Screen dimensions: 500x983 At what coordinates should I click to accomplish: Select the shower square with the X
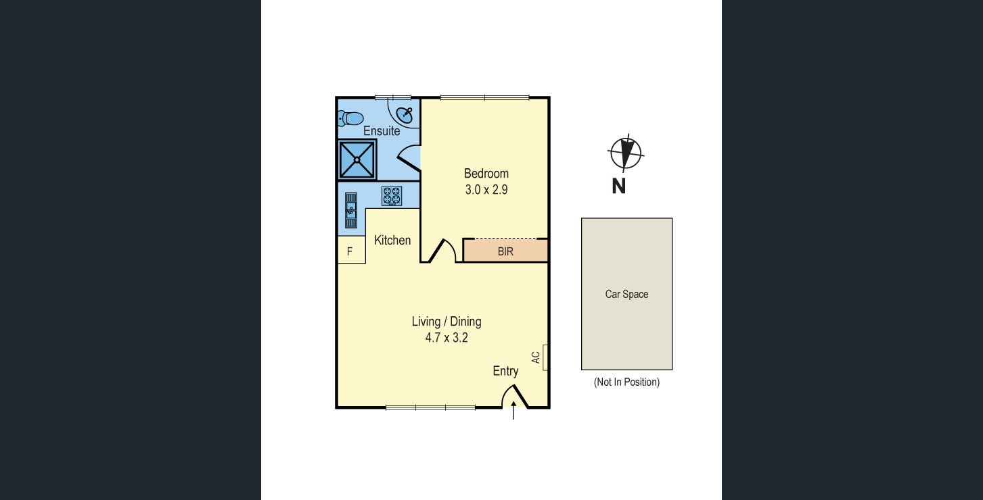pos(357,159)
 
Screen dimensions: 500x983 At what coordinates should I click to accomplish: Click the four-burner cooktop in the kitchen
pos(392,196)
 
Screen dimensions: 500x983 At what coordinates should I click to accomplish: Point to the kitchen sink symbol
pos(350,211)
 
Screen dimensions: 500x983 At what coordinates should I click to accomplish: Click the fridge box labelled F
pos(350,251)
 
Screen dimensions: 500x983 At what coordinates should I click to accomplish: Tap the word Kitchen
pos(392,240)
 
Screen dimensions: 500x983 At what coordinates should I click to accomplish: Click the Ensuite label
pos(382,131)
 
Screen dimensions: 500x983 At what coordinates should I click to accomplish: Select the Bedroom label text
pos(486,174)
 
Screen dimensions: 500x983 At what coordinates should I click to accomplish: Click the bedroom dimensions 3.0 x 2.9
pos(486,190)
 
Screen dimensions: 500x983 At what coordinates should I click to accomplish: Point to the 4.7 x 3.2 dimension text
pos(447,338)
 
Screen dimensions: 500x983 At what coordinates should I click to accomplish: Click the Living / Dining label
pos(447,322)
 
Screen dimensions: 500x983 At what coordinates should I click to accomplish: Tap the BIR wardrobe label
pos(505,251)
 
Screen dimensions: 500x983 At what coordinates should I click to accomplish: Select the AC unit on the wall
pos(545,357)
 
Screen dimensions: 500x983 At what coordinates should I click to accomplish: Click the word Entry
pos(505,371)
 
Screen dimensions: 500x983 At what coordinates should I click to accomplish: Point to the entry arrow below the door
pos(514,410)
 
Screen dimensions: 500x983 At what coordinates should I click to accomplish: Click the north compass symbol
pos(626,153)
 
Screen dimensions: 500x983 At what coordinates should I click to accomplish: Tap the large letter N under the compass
pos(618,186)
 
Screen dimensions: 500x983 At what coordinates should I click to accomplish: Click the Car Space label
pos(626,294)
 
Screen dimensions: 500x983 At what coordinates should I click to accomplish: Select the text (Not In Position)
pos(626,382)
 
